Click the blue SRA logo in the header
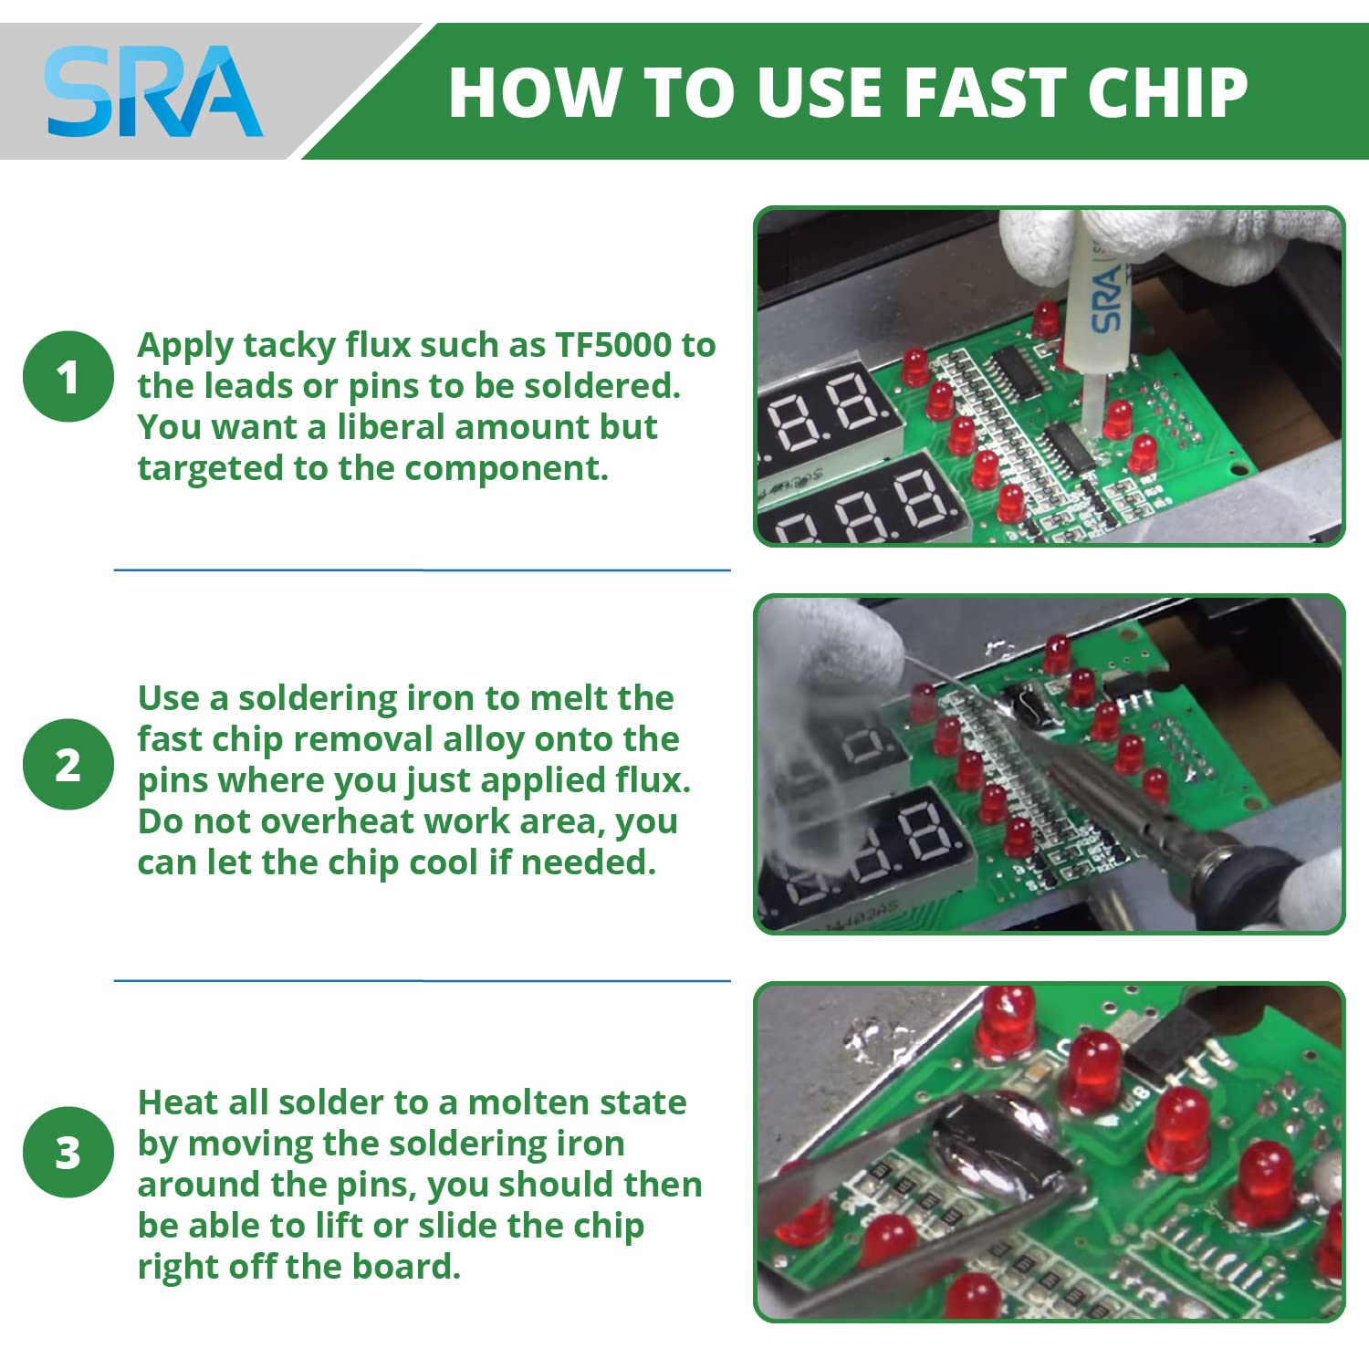tap(153, 91)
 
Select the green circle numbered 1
tap(68, 376)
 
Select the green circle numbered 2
tap(68, 764)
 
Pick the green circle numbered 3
tap(68, 1152)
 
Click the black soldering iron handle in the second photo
tap(1246, 876)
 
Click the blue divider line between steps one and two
tap(422, 570)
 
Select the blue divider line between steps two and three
tap(422, 981)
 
